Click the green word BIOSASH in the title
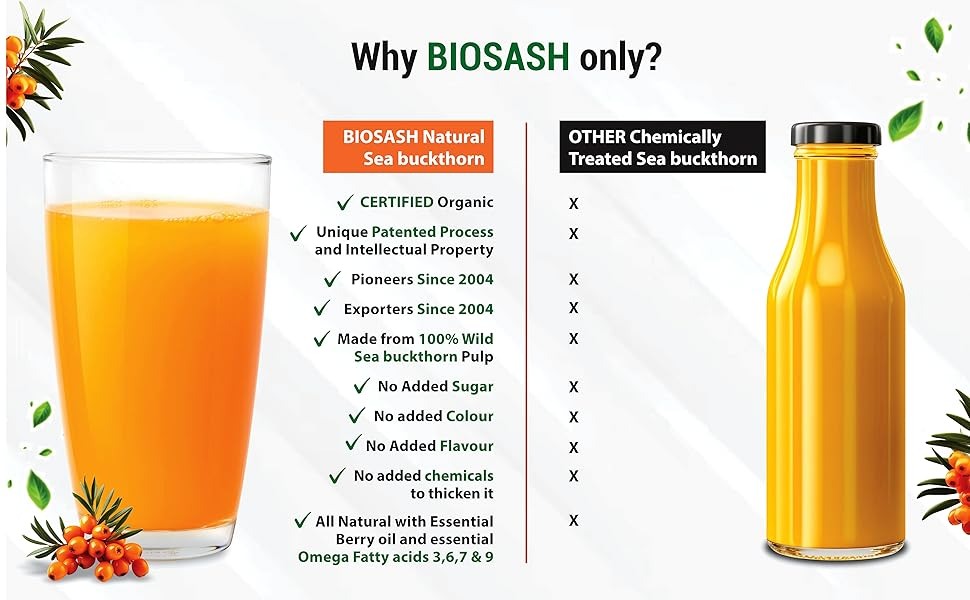click(x=498, y=57)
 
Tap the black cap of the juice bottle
click(x=836, y=134)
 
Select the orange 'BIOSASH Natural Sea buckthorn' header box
click(x=408, y=147)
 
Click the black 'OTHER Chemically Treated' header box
click(x=663, y=147)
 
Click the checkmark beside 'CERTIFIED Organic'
click(x=345, y=202)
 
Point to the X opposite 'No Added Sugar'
click(x=573, y=387)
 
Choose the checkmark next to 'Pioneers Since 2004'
click(x=332, y=280)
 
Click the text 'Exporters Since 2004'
click(x=418, y=309)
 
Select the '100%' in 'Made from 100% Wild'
click(x=438, y=339)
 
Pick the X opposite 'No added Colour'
click(x=573, y=417)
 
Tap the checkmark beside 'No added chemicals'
click(x=337, y=476)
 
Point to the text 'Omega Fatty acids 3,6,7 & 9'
click(x=396, y=557)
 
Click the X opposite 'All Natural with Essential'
click(x=573, y=520)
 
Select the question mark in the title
click(x=653, y=57)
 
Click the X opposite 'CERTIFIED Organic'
click(x=573, y=204)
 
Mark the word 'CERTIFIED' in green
click(x=397, y=202)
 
